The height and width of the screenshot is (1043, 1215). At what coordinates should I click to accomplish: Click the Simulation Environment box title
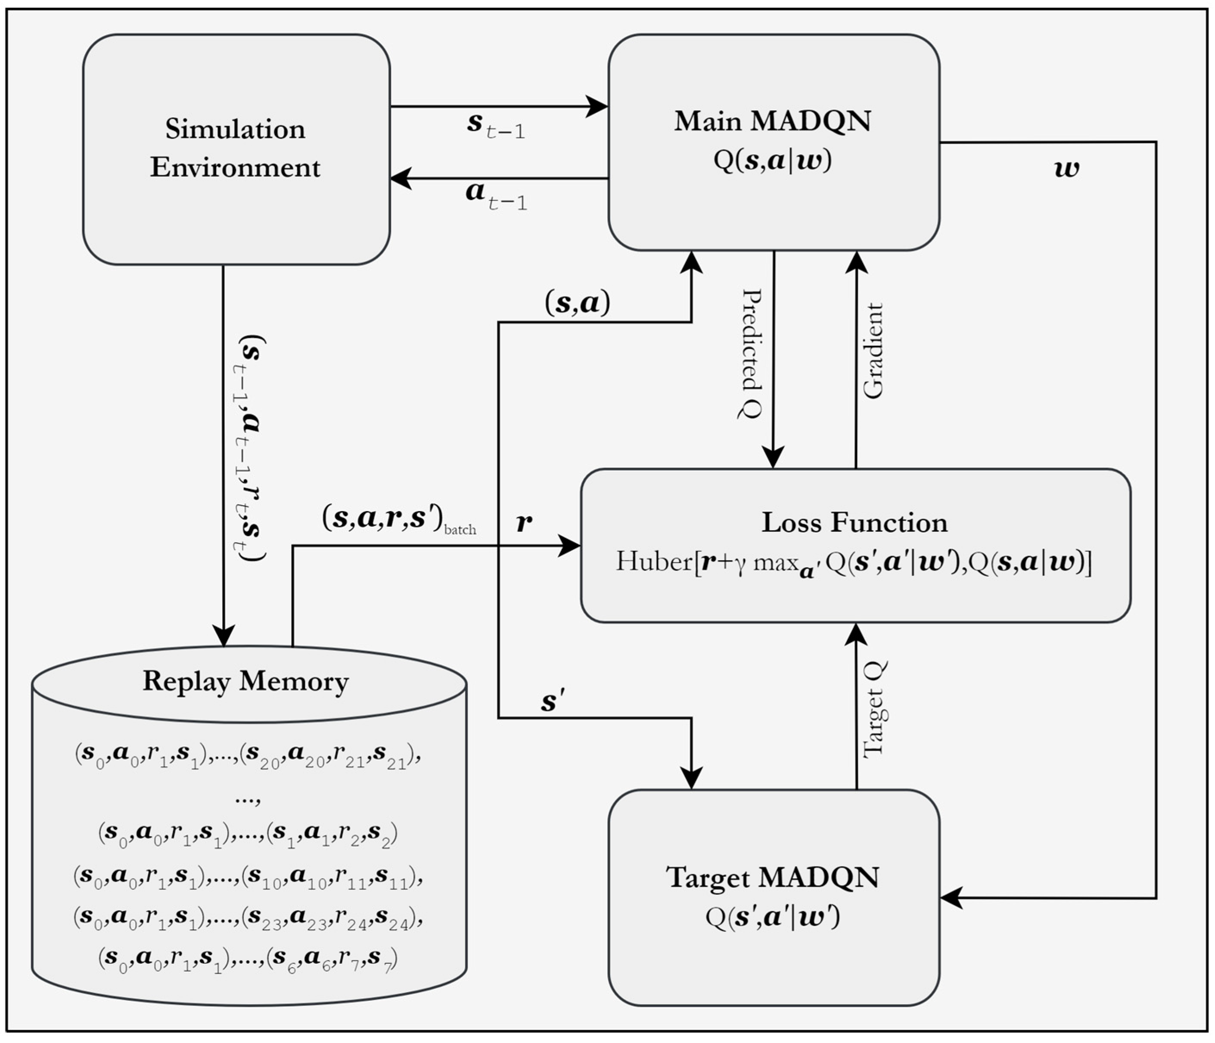pyautogui.click(x=235, y=148)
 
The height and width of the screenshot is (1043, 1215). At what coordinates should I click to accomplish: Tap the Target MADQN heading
pyautogui.click(x=772, y=878)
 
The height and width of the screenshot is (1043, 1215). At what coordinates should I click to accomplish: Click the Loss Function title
pyautogui.click(x=855, y=522)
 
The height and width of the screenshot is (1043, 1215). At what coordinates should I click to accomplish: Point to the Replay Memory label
pyautogui.click(x=245, y=681)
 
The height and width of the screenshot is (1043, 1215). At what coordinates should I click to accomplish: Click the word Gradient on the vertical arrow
pyautogui.click(x=873, y=351)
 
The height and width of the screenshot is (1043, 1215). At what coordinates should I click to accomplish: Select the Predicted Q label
pyautogui.click(x=751, y=354)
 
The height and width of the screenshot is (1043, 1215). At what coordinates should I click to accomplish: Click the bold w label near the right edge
pyautogui.click(x=1066, y=169)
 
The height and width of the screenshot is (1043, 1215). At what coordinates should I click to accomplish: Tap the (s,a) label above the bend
pyautogui.click(x=578, y=303)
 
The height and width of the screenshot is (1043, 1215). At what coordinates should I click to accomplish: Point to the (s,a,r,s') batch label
pyautogui.click(x=399, y=519)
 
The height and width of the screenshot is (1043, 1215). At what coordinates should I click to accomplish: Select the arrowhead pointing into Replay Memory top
pyautogui.click(x=224, y=636)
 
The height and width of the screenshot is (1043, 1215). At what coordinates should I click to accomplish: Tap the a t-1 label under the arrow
pyautogui.click(x=495, y=195)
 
